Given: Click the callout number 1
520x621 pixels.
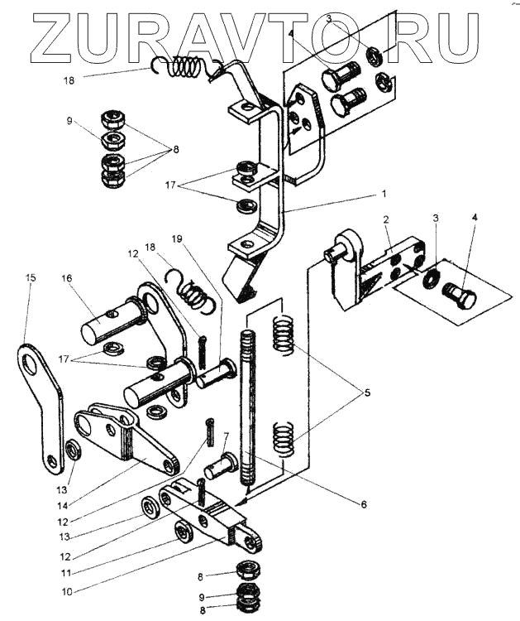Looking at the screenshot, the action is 383,194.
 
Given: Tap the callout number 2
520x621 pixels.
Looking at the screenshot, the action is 385,219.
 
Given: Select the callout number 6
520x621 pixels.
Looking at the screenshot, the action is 364,504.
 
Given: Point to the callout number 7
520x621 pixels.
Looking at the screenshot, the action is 226,436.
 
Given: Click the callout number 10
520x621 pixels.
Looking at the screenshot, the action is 67,592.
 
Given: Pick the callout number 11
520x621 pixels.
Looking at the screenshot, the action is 65,573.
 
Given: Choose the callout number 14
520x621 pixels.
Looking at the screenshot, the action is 63,505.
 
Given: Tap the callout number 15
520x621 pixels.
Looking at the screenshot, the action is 31,277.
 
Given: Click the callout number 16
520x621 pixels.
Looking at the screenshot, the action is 67,278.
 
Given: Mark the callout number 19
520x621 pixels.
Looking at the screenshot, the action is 177,238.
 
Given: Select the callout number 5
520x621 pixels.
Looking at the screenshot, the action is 367,392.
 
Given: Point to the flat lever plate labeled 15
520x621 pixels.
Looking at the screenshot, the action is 41,408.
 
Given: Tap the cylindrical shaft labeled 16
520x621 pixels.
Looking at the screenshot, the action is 112,320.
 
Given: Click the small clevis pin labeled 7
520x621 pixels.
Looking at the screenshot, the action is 220,466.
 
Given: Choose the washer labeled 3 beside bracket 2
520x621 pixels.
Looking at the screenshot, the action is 430,277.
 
